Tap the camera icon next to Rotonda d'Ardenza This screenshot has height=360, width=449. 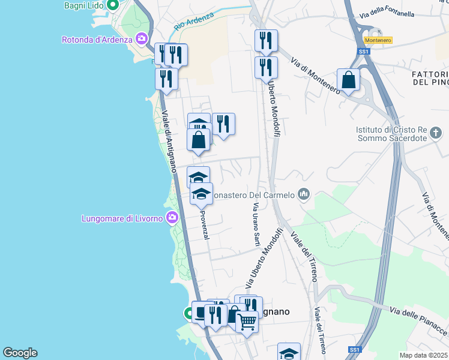(142, 40)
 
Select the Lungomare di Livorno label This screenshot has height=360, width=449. (122, 218)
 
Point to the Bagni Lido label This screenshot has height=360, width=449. (84, 5)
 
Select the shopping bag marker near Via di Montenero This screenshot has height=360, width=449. (348, 80)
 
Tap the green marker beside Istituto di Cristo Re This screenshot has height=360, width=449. (438, 131)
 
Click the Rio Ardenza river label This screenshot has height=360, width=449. (193, 23)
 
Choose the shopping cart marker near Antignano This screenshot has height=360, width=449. (247, 322)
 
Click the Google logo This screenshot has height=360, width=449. (19, 353)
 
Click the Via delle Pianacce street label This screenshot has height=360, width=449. (419, 320)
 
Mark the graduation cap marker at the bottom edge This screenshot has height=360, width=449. (289, 352)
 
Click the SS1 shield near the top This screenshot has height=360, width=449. (363, 52)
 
